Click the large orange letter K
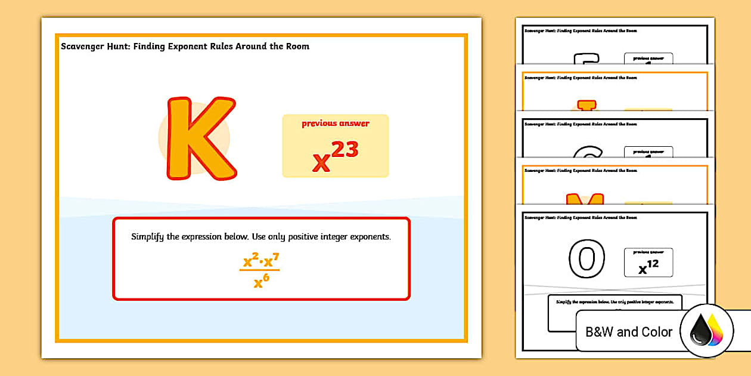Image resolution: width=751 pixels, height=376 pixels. click(200, 139)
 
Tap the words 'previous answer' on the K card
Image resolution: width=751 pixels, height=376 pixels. click(335, 124)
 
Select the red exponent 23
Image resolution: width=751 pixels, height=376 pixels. click(345, 149)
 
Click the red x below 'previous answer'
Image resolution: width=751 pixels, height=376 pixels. click(321, 163)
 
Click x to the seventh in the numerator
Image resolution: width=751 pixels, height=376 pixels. click(271, 260)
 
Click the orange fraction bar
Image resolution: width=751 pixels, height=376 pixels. click(259, 270)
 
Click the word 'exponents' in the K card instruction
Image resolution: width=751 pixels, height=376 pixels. click(369, 237)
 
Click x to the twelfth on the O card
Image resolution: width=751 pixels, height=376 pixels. click(648, 267)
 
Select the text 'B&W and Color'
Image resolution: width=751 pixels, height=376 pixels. click(629, 332)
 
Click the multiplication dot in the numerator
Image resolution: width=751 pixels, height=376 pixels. click(261, 262)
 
